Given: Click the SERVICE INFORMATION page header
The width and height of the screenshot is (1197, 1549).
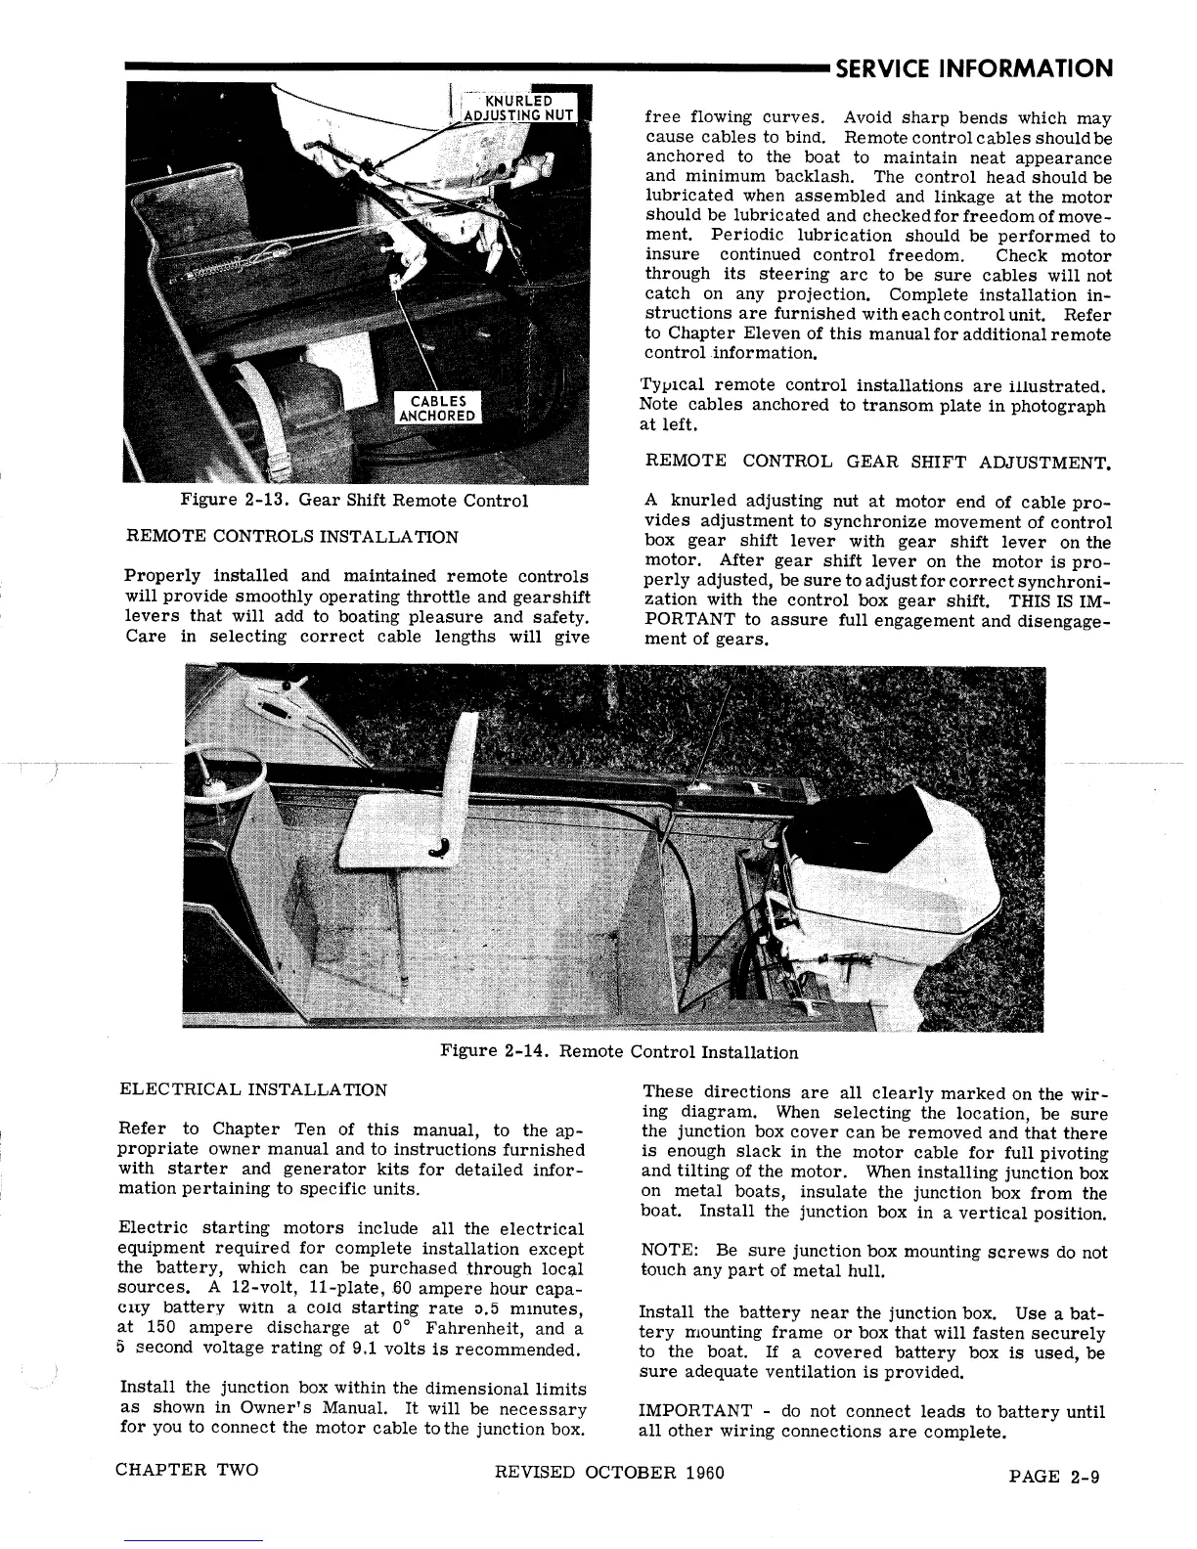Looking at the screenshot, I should tap(974, 68).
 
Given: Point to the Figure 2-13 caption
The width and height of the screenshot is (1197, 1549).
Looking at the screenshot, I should tap(354, 501).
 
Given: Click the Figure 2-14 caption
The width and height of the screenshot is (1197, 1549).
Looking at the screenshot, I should tap(619, 1052).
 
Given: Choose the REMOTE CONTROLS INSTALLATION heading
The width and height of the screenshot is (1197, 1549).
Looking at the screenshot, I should tap(292, 537).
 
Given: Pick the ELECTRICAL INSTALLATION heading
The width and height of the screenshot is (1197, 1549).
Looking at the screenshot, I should tap(252, 1089).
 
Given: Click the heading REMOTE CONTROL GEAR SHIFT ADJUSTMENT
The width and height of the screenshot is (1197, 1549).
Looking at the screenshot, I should tap(880, 461).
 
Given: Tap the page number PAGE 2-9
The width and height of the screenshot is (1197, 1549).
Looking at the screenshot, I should tap(1053, 1477).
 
